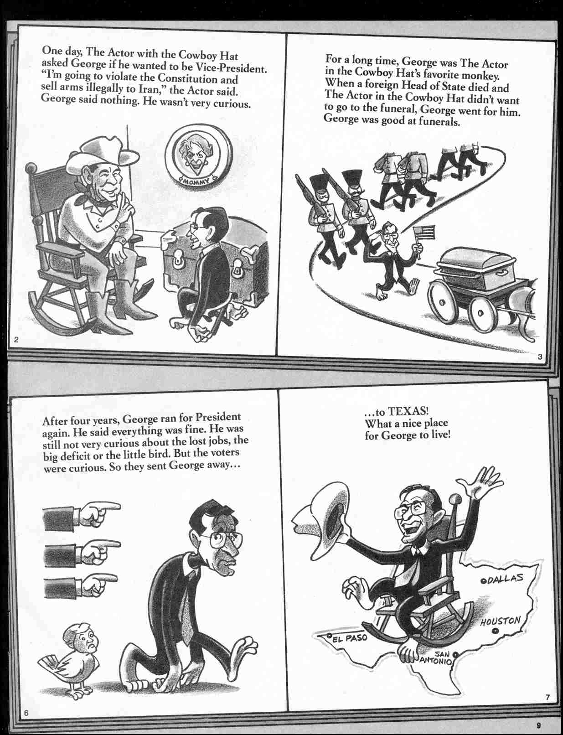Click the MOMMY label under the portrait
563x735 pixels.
[195, 182]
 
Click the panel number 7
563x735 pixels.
[547, 709]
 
